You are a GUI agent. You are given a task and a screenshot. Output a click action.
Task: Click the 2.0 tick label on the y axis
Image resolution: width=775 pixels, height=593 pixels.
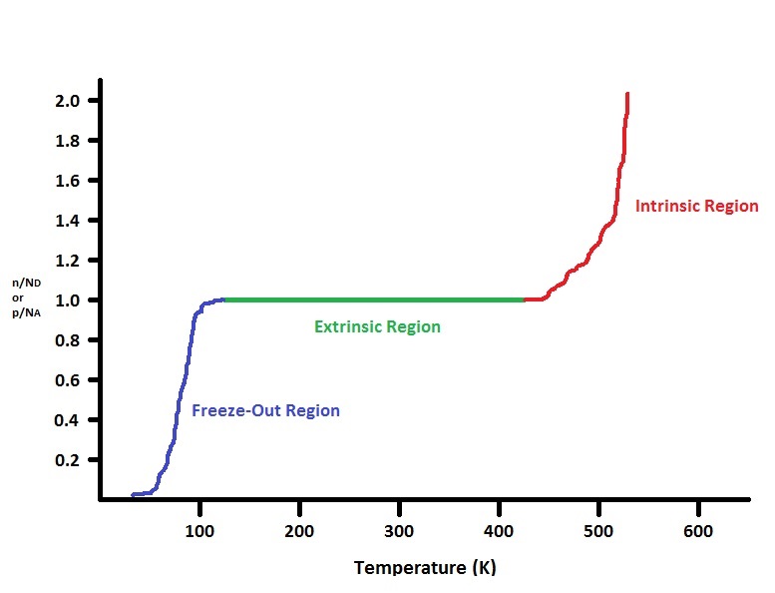[71, 101]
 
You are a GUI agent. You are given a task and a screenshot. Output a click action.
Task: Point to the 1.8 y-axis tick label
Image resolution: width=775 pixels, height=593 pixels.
[71, 141]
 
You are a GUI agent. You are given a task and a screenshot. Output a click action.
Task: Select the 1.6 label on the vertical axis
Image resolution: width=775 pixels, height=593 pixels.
[71, 181]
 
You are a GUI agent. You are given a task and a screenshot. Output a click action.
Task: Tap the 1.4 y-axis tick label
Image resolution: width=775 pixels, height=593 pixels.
[71, 221]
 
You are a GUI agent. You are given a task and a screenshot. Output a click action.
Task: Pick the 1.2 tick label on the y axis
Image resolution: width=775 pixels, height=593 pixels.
[71, 261]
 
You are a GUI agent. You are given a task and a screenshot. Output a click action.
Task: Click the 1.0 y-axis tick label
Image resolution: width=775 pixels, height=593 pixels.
[71, 300]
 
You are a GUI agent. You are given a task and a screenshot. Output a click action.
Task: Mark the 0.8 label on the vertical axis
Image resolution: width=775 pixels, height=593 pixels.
[71, 340]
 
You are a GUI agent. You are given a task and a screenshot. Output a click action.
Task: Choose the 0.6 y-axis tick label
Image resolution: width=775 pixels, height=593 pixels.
[71, 380]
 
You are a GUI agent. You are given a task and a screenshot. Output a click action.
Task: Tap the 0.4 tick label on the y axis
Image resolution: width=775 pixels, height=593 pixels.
[71, 420]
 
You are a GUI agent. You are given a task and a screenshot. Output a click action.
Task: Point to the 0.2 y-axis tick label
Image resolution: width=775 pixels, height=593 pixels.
[71, 460]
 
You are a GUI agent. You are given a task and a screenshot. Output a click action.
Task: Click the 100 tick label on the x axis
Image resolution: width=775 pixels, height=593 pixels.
[199, 530]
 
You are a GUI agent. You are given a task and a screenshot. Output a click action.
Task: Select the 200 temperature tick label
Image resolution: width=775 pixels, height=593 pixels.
[299, 530]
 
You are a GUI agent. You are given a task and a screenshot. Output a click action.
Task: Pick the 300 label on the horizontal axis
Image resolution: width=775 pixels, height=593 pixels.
[399, 530]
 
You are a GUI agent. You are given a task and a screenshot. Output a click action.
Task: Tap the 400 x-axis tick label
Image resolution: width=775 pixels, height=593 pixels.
[499, 530]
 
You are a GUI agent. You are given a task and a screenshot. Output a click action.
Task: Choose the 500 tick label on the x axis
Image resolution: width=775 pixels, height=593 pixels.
[598, 530]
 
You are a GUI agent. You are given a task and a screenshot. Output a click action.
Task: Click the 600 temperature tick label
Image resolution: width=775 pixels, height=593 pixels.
[698, 530]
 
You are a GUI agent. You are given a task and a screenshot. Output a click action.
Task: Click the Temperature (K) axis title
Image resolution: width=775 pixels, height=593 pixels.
[424, 568]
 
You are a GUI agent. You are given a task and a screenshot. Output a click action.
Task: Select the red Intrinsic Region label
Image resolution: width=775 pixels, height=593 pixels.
[697, 207]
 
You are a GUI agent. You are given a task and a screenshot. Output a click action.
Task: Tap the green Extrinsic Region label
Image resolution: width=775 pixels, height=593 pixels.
[377, 326]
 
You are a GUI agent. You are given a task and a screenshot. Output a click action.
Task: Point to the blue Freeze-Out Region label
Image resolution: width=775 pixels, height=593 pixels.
[265, 410]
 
